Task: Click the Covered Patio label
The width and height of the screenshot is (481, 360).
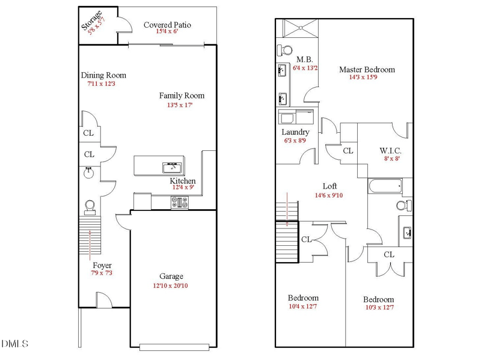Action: (167, 25)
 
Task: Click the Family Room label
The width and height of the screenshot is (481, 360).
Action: (182, 96)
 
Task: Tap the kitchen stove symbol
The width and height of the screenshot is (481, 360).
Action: (180, 204)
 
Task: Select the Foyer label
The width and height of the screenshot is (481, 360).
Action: (102, 265)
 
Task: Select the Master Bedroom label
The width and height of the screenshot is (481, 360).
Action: (367, 69)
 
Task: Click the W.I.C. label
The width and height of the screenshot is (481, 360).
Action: (390, 150)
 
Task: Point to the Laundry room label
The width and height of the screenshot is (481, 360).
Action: (295, 132)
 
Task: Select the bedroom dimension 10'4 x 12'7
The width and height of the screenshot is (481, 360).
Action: (303, 307)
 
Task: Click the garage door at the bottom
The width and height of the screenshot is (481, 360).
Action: (174, 347)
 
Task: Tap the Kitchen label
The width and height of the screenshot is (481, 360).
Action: (182, 181)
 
